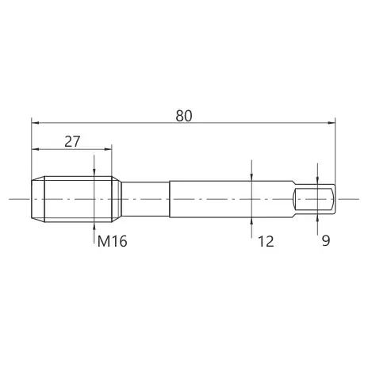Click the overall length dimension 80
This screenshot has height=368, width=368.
(184, 116)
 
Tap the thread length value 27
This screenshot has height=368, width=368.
(72, 142)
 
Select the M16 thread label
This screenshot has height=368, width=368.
(113, 241)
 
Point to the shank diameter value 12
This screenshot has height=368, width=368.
(266, 241)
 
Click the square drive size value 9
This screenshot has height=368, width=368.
(326, 240)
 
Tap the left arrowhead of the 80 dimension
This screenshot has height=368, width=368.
(35, 123)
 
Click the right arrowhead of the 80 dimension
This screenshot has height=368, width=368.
(332, 123)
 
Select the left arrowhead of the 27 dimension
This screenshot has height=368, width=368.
(36, 149)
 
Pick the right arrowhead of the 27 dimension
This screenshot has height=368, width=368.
(108, 149)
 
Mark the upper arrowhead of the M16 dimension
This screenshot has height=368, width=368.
(94, 173)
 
